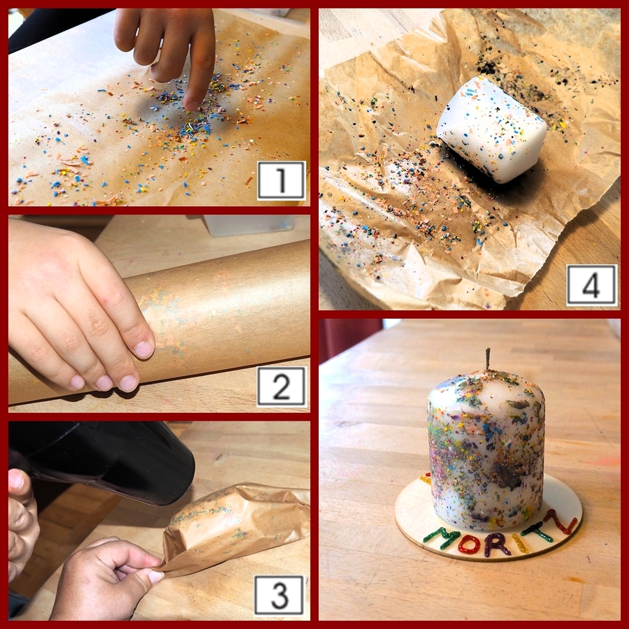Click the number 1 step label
pyautogui.click(x=281, y=180)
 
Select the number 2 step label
pyautogui.click(x=281, y=386)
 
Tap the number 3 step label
pyautogui.click(x=279, y=595)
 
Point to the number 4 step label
pyautogui.click(x=592, y=285)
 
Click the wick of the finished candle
pyautogui.click(x=488, y=359)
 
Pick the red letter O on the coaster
pyautogui.click(x=469, y=544)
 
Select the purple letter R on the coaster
pyautogui.click(x=496, y=544)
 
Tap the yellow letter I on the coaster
pyautogui.click(x=520, y=543)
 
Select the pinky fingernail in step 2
pyautogui.click(x=78, y=382)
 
